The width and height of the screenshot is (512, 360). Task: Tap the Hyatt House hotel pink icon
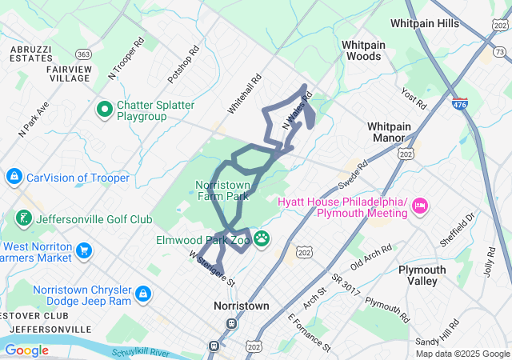tap(419, 208)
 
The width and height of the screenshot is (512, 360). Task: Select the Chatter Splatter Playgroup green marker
tap(104, 108)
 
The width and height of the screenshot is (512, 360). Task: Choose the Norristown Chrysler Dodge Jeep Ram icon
tap(143, 294)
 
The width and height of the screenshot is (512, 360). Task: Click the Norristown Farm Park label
tap(223, 190)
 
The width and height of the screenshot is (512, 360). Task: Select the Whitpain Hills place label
tap(426, 24)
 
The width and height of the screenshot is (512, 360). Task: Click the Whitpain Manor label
tap(389, 132)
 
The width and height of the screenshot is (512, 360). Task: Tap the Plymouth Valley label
tap(422, 275)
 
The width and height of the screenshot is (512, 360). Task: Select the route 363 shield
tap(83, 54)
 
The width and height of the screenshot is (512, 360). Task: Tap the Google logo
tap(26, 350)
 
